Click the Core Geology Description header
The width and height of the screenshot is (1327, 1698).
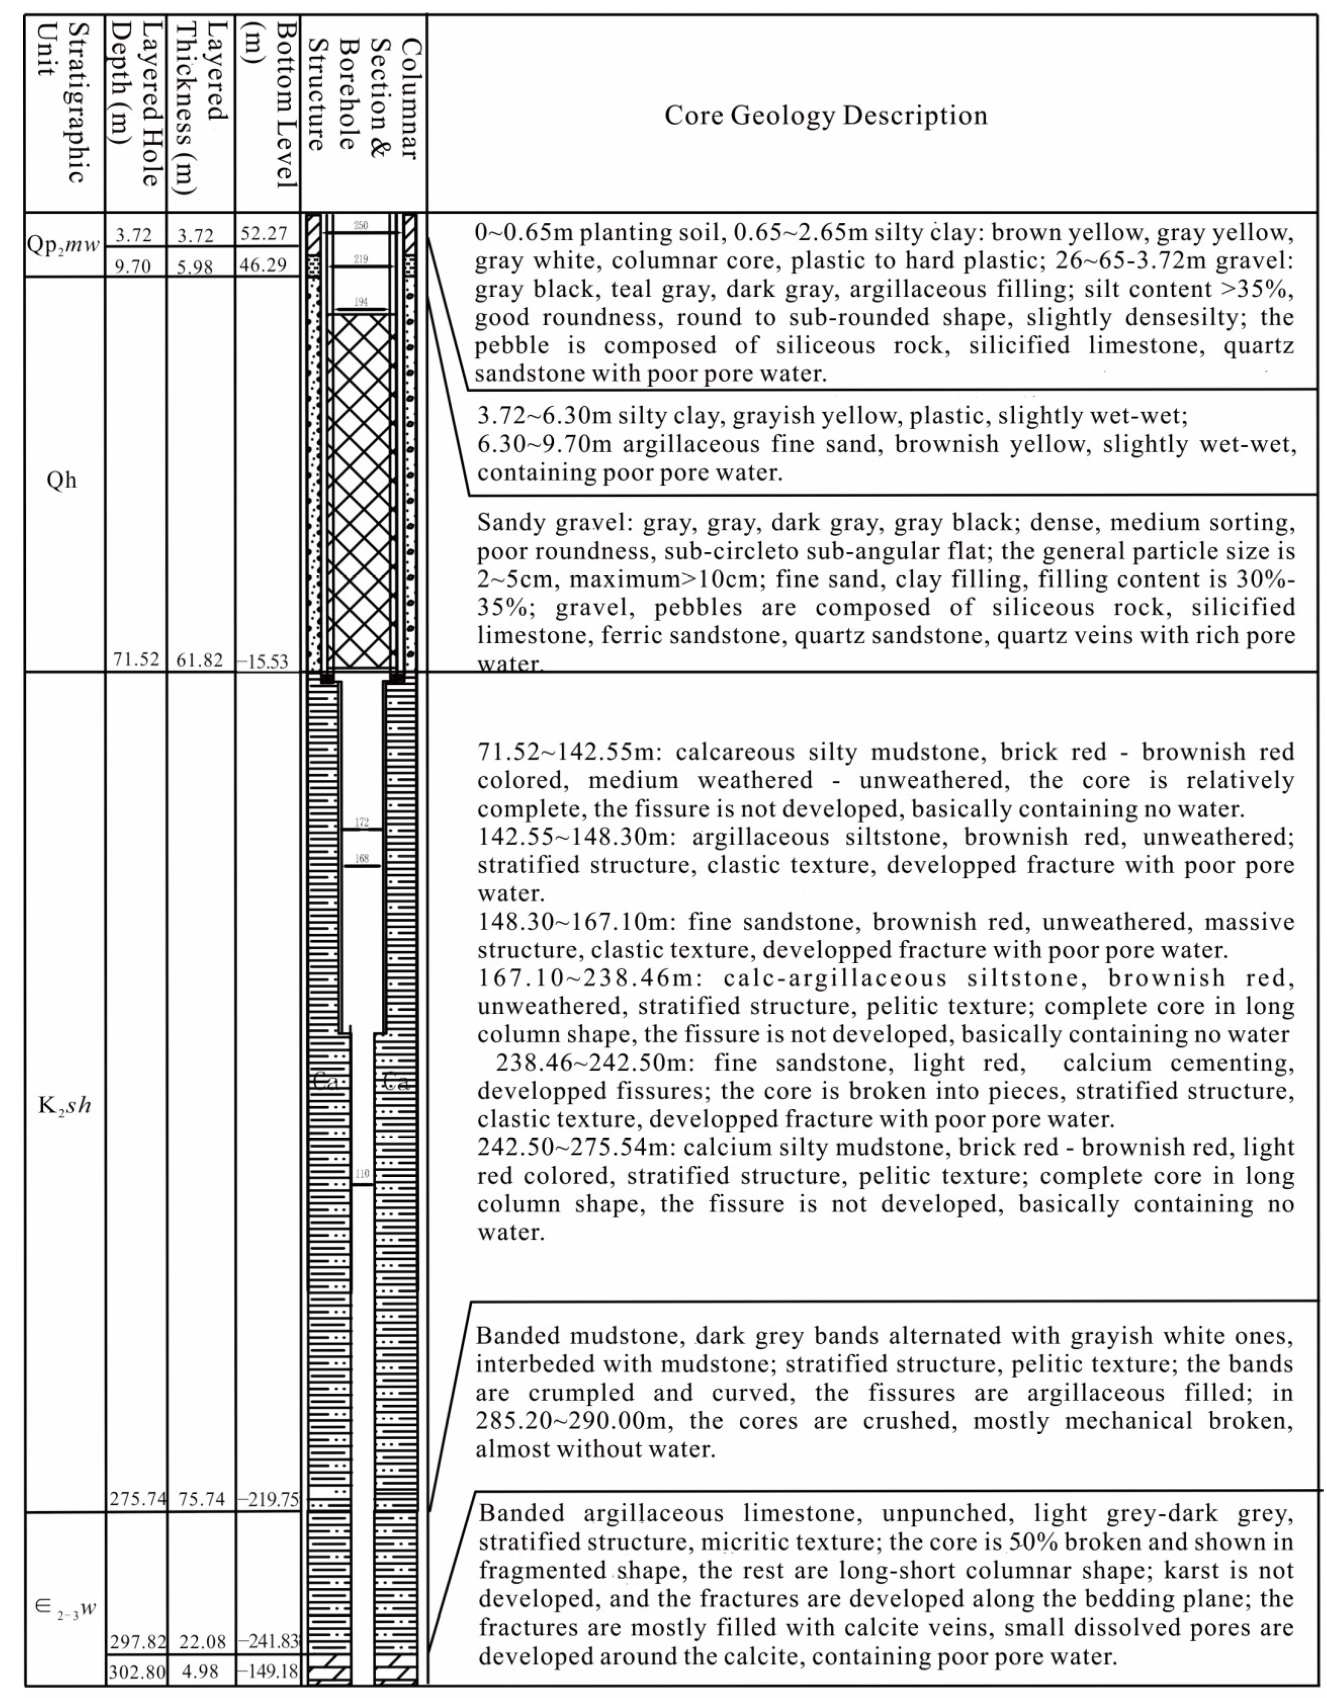click(x=825, y=115)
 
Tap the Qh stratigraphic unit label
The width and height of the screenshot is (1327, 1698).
click(x=62, y=480)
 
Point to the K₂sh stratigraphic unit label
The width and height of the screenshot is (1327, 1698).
click(x=64, y=1105)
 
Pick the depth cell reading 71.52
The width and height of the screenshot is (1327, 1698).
click(x=136, y=659)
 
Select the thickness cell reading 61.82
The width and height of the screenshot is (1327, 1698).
click(x=200, y=660)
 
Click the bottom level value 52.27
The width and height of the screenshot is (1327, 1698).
click(x=264, y=233)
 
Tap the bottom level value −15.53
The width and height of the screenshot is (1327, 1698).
click(x=264, y=662)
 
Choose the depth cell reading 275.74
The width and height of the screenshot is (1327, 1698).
click(x=137, y=1498)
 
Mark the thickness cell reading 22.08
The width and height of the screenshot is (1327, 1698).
click(x=201, y=1641)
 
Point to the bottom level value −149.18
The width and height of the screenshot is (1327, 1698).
click(x=268, y=1670)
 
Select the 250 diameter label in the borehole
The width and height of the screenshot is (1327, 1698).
click(x=361, y=225)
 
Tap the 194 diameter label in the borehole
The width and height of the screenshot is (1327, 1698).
click(x=361, y=302)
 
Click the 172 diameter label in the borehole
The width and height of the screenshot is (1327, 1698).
click(x=362, y=822)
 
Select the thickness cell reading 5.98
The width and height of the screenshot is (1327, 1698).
click(x=195, y=267)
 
